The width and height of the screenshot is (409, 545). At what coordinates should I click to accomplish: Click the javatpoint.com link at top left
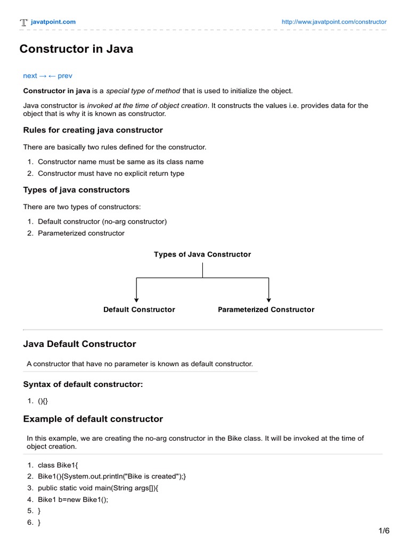(x=53, y=22)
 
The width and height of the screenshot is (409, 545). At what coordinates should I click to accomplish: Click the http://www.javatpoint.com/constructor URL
(x=333, y=22)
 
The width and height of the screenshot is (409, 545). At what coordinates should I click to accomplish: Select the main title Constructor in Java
(x=76, y=49)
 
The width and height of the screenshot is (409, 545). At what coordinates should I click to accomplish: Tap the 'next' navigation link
(x=30, y=76)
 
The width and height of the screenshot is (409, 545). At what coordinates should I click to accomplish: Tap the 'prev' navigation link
(x=64, y=76)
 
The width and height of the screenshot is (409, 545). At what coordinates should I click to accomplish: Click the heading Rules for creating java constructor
(x=93, y=130)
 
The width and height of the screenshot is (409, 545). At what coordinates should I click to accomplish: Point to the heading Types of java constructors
(x=76, y=190)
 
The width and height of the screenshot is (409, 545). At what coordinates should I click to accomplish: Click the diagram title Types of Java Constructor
(x=202, y=254)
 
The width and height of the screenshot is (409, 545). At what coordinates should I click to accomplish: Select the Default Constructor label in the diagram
(x=139, y=310)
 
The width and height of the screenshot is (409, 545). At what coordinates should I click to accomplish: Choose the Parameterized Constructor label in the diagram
(x=266, y=310)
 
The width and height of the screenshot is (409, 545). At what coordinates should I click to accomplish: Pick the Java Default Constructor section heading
(x=79, y=344)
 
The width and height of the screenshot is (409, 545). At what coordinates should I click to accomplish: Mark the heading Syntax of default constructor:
(x=83, y=384)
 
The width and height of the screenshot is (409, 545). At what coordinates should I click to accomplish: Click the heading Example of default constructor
(x=93, y=419)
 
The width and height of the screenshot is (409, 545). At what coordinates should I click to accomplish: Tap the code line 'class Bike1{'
(x=58, y=465)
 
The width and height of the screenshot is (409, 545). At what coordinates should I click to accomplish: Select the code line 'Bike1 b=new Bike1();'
(x=73, y=500)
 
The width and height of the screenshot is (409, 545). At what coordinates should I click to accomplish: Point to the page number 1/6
(x=385, y=531)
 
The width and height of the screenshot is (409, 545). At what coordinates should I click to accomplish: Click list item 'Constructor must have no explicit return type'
(x=111, y=173)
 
